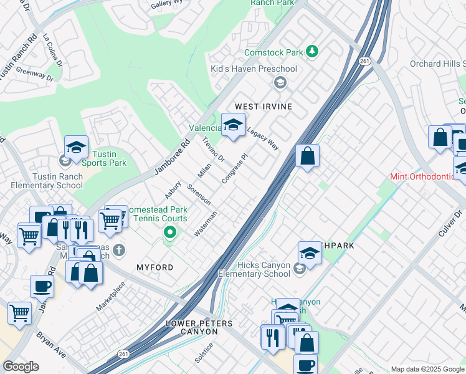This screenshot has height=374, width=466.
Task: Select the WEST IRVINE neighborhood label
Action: point(263,107)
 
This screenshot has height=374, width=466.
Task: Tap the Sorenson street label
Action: point(199,194)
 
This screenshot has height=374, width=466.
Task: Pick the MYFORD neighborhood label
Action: point(155,267)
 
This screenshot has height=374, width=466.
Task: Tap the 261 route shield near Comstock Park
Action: point(364,60)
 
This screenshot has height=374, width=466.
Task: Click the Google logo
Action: point(21,367)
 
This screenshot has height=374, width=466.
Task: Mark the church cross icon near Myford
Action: point(118,250)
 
